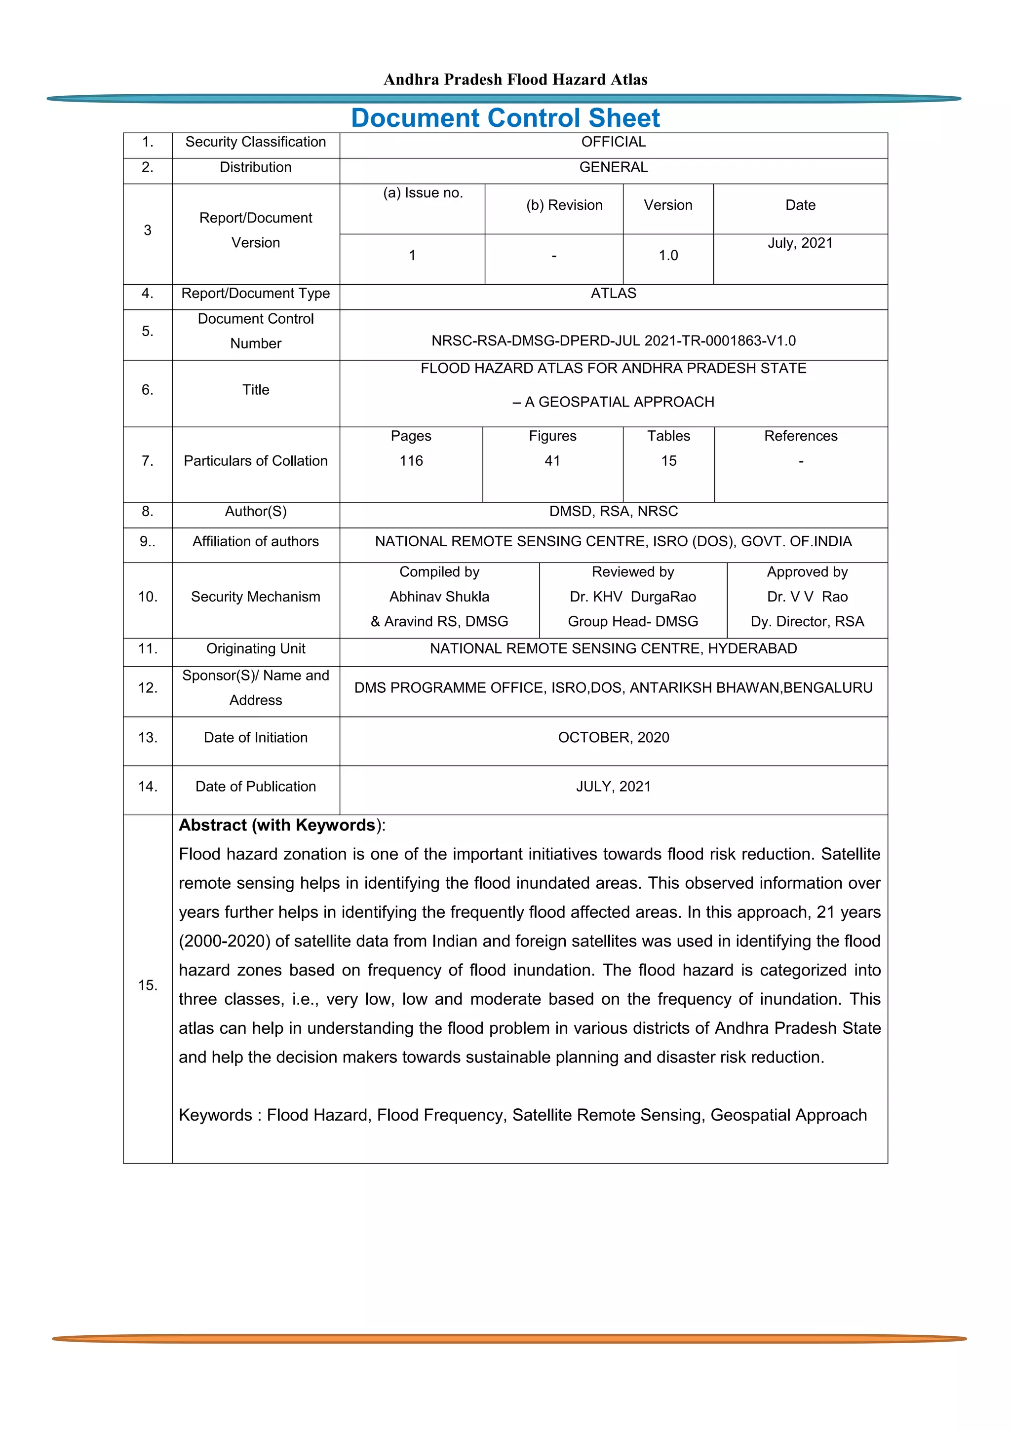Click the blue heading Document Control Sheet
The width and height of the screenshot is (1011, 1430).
(505, 118)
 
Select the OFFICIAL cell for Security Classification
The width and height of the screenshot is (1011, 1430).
(613, 142)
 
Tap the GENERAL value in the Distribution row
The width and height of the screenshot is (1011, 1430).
(613, 167)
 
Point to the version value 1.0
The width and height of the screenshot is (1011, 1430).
(668, 256)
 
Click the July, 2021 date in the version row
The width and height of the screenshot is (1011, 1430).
(800, 243)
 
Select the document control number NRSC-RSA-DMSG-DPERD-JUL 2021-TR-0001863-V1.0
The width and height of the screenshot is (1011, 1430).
(613, 340)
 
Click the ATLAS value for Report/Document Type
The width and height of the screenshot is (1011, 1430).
(613, 293)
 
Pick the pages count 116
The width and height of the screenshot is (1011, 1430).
(411, 461)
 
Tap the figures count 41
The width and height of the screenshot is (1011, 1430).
(552, 461)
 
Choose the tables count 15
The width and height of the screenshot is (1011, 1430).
(668, 461)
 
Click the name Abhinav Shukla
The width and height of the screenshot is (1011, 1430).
(439, 597)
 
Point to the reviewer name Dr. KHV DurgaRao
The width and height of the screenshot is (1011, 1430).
(632, 597)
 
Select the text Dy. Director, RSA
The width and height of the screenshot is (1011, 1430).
(807, 622)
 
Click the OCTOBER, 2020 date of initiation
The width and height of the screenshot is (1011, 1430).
(613, 737)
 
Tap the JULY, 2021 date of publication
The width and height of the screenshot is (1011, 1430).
(613, 787)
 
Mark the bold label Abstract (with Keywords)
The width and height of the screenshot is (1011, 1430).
(276, 825)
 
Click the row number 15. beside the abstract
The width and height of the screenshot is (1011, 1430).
(148, 985)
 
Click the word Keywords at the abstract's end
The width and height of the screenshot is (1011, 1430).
(215, 1115)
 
